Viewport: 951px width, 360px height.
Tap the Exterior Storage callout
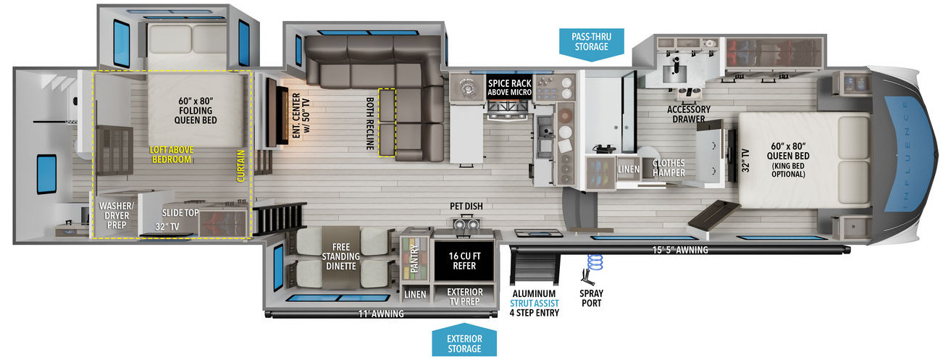464,340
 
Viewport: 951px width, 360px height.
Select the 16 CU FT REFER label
464,261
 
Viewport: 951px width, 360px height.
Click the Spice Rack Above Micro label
509,88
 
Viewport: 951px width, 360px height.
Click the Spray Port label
592,298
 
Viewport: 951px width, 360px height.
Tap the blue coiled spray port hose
595,262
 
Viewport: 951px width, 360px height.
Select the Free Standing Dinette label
340,256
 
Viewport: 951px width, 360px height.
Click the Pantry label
414,258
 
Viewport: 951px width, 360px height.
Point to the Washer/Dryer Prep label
117,215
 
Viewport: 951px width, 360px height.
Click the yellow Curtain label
240,166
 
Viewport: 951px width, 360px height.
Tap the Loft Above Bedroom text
172,154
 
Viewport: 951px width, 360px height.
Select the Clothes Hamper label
669,168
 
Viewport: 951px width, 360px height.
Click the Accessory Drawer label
689,114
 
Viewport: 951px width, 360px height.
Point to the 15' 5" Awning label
680,250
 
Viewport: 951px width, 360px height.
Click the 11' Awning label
381,314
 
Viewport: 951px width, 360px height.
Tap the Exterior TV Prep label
464,297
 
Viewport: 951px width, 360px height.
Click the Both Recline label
370,124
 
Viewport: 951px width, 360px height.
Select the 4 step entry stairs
534,266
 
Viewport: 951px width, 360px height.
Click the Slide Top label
180,213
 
